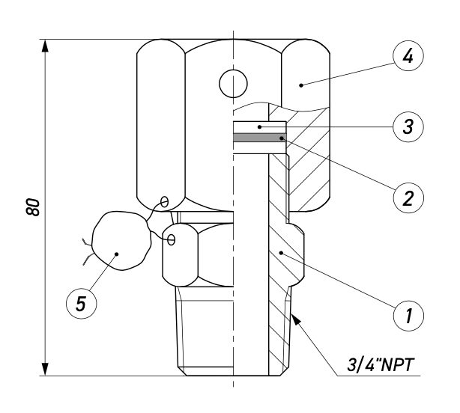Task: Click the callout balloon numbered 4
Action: [x=408, y=55]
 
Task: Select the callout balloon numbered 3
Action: [x=408, y=127]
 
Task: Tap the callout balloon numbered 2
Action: [x=408, y=198]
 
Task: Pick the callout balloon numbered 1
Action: [x=408, y=316]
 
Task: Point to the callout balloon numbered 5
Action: [x=81, y=303]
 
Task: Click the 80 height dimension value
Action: [x=32, y=207]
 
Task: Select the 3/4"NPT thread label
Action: [x=381, y=365]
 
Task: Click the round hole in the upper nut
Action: [x=233, y=84]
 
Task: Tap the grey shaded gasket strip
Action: [x=260, y=138]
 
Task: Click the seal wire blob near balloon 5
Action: [x=121, y=240]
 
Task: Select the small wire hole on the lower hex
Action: [x=172, y=239]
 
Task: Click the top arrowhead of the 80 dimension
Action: [x=45, y=46]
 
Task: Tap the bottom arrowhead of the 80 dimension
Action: [x=45, y=369]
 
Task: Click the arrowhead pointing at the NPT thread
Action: [x=296, y=319]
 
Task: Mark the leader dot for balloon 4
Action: [x=301, y=85]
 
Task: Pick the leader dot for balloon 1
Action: [x=281, y=252]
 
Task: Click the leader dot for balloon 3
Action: [x=260, y=127]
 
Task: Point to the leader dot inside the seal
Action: [x=117, y=254]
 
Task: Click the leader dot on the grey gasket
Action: [x=282, y=138]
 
